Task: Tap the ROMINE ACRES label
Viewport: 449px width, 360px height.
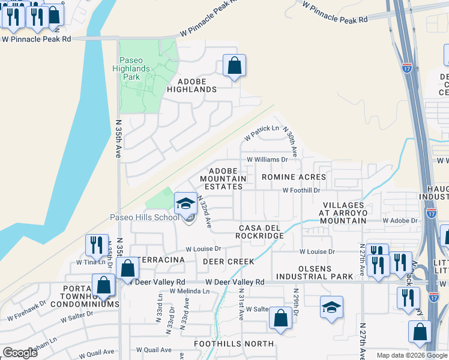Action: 294,177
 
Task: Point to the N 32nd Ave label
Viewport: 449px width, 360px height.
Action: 204,213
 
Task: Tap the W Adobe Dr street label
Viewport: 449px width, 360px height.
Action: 400,221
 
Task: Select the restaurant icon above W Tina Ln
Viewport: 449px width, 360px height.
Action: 97,245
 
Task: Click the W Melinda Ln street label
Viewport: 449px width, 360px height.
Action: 190,291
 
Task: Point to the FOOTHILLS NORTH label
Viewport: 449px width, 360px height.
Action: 234,344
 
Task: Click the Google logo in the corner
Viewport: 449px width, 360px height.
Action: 20,353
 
